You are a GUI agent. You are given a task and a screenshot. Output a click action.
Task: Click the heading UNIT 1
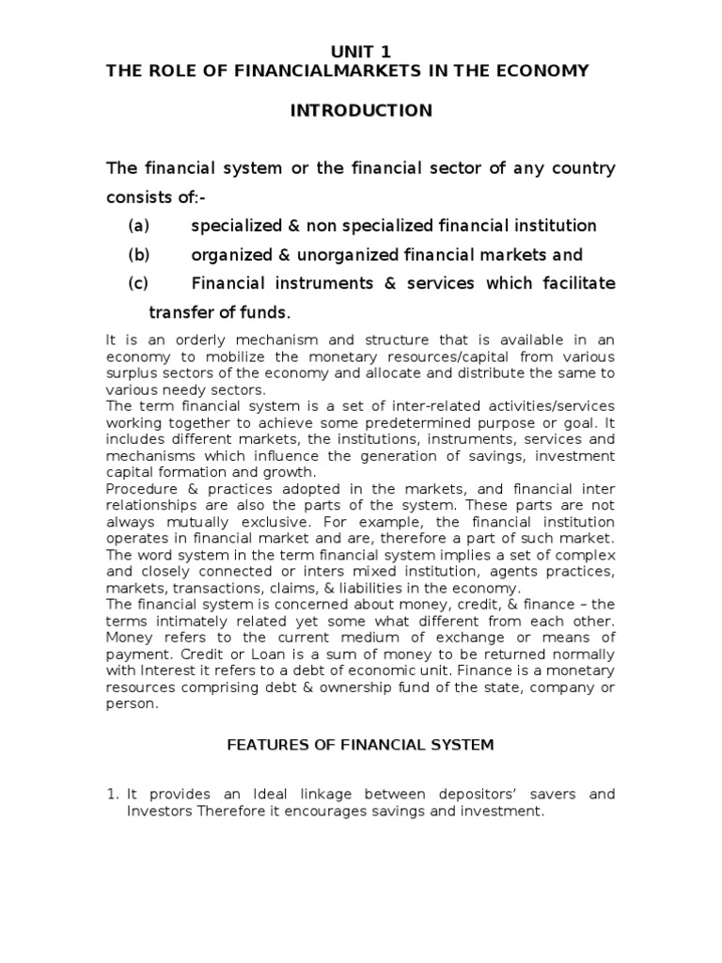click(x=361, y=53)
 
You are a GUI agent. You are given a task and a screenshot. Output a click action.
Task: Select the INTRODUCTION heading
click(x=361, y=111)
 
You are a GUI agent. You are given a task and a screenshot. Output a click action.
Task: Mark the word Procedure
click(x=138, y=489)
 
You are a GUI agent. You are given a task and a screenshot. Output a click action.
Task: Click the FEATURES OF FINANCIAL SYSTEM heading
click(x=361, y=745)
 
